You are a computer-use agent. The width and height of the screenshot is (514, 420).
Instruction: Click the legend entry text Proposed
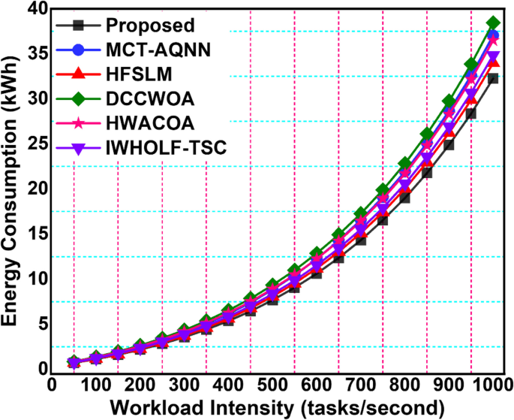[150, 26]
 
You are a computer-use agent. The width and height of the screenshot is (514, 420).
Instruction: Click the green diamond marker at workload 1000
[493, 23]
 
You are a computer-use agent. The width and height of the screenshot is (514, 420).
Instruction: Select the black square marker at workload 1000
[493, 78]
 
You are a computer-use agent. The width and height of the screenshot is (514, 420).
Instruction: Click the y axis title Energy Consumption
[11, 188]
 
